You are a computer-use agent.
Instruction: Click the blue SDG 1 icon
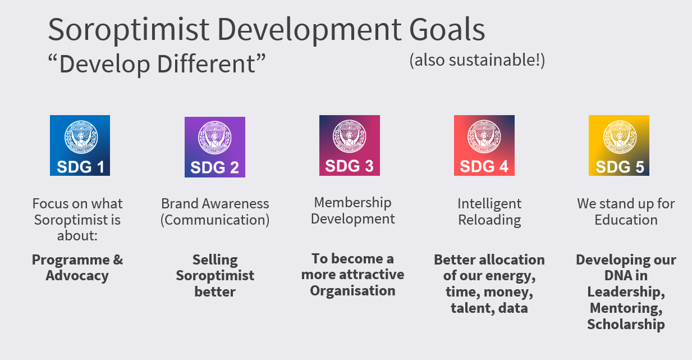80,145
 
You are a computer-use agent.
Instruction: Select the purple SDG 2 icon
215,147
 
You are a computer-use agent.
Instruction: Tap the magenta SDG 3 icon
350,145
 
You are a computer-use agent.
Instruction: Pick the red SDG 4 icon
484,145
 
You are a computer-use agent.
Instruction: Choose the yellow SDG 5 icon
619,145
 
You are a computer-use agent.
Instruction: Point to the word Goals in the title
447,29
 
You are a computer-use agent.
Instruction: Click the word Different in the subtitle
207,64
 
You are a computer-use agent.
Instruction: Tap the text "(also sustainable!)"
477,60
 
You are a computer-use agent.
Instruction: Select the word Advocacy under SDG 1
77,276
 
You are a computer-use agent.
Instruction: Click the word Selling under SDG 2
215,260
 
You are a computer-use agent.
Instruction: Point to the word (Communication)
215,220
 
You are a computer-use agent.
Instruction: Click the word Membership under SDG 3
353,203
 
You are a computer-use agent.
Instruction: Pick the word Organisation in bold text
353,291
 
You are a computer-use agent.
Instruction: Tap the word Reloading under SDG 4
489,220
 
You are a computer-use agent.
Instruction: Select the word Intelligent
489,204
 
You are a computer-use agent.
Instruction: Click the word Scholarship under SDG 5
626,325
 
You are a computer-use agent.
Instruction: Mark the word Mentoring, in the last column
626,308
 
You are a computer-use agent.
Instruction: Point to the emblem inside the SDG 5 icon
620,137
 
